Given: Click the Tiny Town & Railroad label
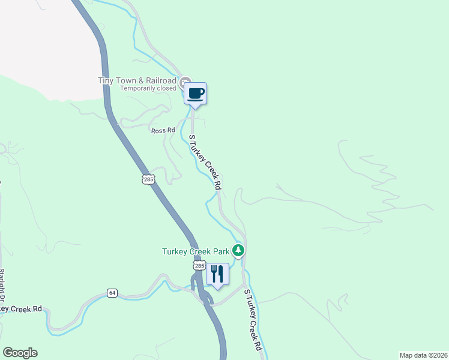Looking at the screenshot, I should (x=137, y=81).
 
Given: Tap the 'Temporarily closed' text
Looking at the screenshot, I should (x=148, y=89).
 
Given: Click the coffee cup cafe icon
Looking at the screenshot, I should (x=195, y=94).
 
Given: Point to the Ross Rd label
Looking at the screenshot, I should (x=163, y=130).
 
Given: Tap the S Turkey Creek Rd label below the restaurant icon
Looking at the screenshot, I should (x=253, y=320).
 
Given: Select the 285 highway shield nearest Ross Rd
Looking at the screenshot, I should (x=149, y=179).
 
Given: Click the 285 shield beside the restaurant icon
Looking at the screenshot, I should (x=199, y=265).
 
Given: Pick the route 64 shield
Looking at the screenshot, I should (x=112, y=293).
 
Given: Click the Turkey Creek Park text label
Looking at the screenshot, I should (x=196, y=251).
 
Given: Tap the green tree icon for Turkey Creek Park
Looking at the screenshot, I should (x=239, y=250).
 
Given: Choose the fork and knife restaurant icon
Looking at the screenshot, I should (x=217, y=274).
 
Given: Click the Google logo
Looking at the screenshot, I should (x=20, y=353).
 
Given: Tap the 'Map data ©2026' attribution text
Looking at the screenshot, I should (x=423, y=355).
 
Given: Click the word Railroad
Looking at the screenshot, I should (x=161, y=81).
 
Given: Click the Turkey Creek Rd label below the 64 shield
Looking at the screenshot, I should (x=21, y=308).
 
